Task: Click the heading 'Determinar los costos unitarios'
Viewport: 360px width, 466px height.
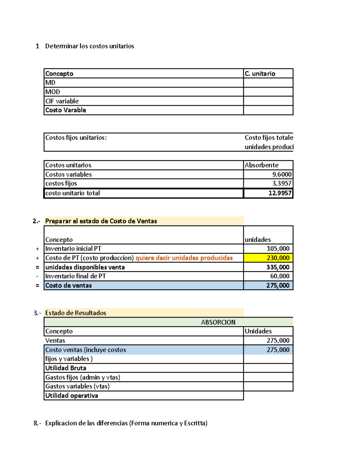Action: point(89,46)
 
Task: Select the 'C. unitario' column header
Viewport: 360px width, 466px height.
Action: point(260,74)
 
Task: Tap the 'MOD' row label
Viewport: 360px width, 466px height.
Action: point(53,92)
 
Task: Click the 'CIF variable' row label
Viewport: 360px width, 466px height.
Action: point(62,101)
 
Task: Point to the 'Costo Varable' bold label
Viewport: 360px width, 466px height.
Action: point(66,110)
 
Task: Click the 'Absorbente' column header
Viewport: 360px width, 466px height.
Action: point(261,165)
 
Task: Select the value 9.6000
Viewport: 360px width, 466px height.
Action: point(282,175)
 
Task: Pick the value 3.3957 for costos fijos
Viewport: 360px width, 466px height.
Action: point(282,183)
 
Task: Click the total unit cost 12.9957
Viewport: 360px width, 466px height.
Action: point(280,193)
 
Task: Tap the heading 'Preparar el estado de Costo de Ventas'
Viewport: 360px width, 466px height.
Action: point(101,221)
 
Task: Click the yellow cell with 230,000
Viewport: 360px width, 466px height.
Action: point(278,258)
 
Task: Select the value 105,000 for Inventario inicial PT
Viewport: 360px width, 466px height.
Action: point(278,249)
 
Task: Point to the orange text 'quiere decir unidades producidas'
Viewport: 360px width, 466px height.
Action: point(184,258)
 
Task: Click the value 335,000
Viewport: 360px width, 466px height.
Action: point(278,267)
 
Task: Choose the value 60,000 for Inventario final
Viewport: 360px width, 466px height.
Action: point(280,276)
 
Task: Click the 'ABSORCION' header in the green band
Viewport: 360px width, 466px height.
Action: point(218,322)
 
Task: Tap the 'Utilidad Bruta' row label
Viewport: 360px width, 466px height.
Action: point(66,368)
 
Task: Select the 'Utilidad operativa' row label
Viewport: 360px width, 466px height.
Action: point(72,396)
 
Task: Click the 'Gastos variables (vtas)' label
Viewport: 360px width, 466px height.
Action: point(77,386)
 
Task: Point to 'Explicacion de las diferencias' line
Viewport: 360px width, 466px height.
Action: point(126,423)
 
